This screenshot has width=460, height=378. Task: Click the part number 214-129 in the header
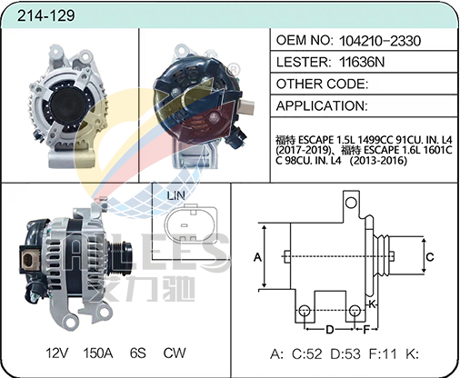pyautogui.click(x=45, y=15)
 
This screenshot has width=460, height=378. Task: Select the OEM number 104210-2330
pyautogui.click(x=380, y=41)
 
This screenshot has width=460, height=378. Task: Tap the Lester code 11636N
pyautogui.click(x=362, y=62)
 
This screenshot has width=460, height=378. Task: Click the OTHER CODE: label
pyautogui.click(x=322, y=84)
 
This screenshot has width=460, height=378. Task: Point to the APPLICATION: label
pyautogui.click(x=322, y=105)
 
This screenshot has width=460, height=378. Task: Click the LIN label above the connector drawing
pyautogui.click(x=175, y=195)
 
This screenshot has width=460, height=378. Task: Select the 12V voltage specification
pyautogui.click(x=57, y=353)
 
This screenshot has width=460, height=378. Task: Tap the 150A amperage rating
pyautogui.click(x=98, y=353)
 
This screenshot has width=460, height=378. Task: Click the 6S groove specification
pyautogui.click(x=138, y=353)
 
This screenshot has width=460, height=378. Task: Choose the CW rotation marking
pyautogui.click(x=175, y=353)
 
